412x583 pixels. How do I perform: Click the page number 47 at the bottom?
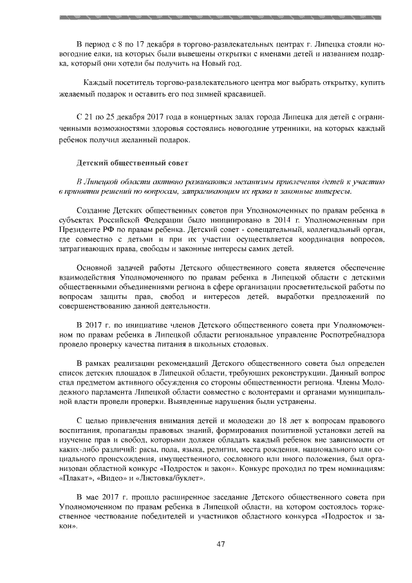220,544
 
